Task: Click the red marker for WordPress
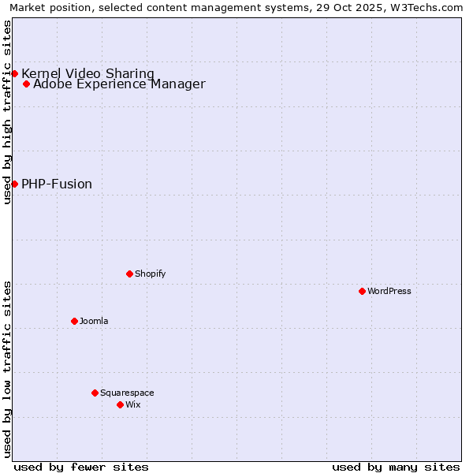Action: pos(362,291)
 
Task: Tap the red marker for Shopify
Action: pos(129,274)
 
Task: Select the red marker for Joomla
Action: pos(74,321)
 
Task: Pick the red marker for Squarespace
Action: pos(95,393)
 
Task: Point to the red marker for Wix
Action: pos(120,404)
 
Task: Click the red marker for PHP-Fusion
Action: pos(14,184)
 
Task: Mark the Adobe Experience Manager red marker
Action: pos(26,84)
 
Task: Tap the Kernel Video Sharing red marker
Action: pos(14,73)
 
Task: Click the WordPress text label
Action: pos(389,291)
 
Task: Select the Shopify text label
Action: pos(150,274)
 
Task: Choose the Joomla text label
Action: pos(94,321)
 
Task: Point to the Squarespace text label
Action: pos(127,393)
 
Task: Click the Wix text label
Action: pos(132,404)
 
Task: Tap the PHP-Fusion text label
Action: pos(57,184)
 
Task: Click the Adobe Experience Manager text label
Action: pos(119,84)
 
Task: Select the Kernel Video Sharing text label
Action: pos(88,73)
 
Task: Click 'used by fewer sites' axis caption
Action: pos(81,467)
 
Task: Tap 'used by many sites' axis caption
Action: pos(396,467)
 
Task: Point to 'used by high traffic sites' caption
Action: pos(7,112)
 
